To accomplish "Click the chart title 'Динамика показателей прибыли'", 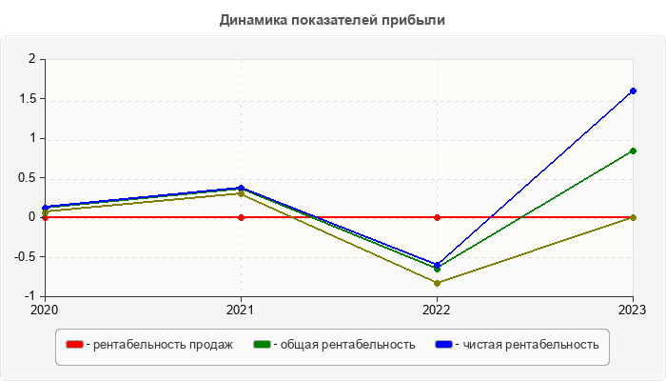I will click(332, 19).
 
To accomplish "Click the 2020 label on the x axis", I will click(45, 310).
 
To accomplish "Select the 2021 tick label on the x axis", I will click(241, 310).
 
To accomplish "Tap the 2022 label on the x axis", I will click(437, 310).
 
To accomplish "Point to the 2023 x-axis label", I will click(633, 310).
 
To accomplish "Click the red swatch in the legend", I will click(74, 345).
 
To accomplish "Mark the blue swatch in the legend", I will click(443, 345).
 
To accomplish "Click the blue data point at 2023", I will click(633, 90).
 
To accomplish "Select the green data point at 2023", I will click(633, 150).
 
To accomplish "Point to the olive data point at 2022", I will click(437, 283).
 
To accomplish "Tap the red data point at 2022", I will click(437, 217).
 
